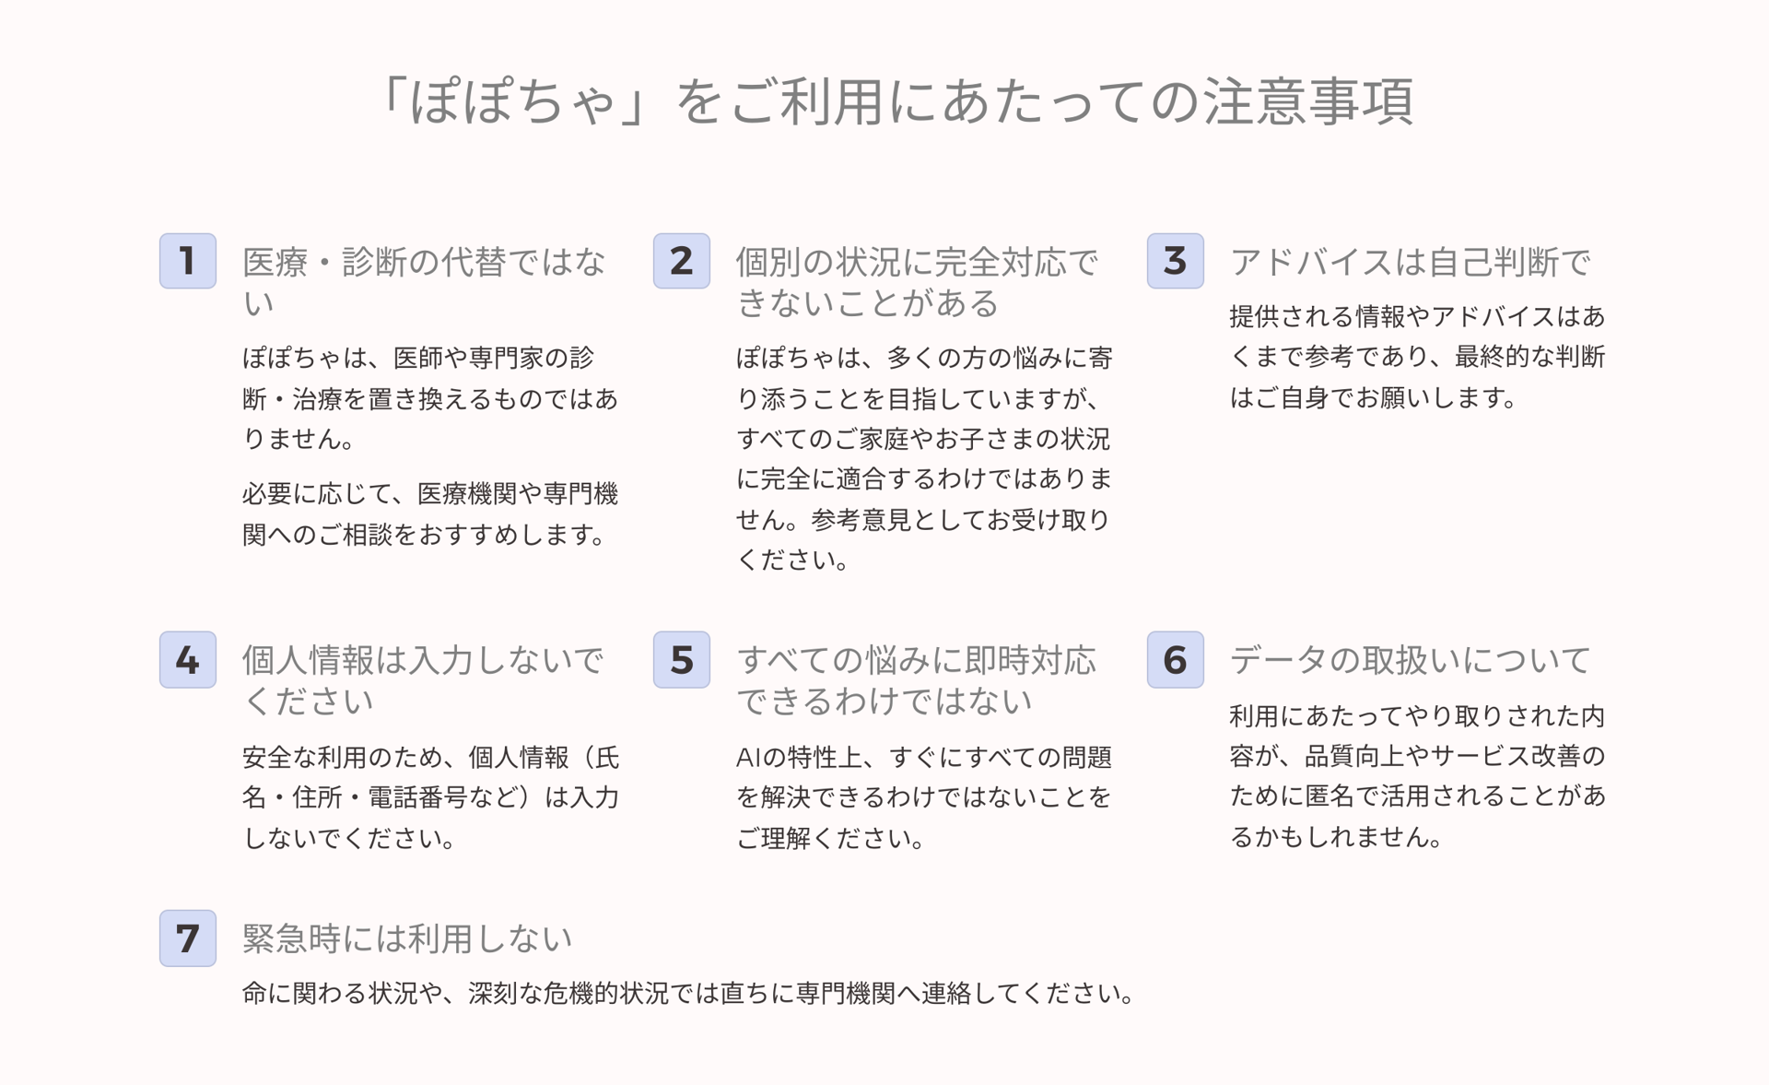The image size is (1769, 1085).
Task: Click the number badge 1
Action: tap(188, 261)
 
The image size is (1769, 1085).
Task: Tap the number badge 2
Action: tap(682, 261)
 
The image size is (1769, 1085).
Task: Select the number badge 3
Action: tap(1176, 261)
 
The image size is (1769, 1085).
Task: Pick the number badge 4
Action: tap(188, 659)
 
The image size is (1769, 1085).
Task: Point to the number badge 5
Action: tap(682, 659)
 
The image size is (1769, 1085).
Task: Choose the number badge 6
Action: tap(1176, 659)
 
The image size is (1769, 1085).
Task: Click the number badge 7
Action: tap(188, 938)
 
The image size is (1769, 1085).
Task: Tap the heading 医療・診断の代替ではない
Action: tap(425, 282)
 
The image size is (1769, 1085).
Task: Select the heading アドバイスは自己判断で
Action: tap(1411, 262)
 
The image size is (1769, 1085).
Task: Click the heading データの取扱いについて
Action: tap(1411, 660)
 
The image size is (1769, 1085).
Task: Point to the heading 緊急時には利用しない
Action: tap(407, 938)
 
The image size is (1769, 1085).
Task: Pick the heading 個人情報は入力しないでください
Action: tap(423, 680)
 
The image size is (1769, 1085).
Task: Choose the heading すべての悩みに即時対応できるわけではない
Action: tap(917, 680)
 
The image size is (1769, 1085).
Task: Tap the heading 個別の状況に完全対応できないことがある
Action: tap(918, 282)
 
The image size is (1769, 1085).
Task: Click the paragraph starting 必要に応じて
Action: tap(430, 514)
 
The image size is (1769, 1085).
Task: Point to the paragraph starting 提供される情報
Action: tap(1418, 357)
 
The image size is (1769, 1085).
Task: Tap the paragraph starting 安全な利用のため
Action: tap(431, 797)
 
